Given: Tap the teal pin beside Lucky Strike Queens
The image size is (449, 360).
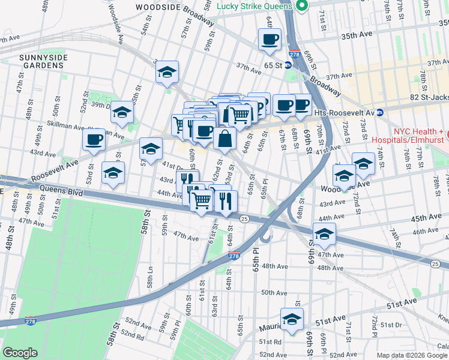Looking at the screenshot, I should (x=303, y=6).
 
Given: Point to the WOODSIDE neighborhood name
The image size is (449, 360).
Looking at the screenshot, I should (x=158, y=7).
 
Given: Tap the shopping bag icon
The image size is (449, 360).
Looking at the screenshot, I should (x=224, y=139).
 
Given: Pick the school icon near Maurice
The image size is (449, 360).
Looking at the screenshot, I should (x=292, y=319).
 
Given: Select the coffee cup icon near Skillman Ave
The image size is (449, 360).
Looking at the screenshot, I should (x=94, y=139).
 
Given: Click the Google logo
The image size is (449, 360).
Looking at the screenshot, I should (x=20, y=353).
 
